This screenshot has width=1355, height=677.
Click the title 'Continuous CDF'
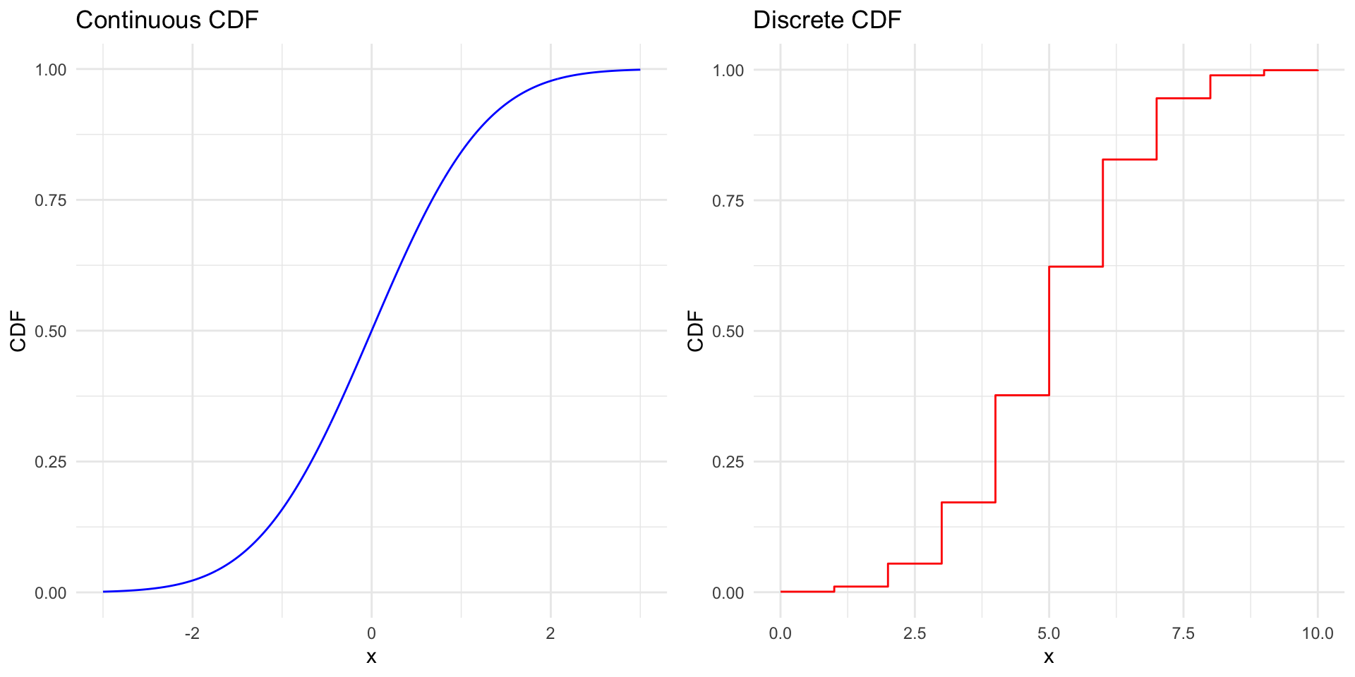point(167,20)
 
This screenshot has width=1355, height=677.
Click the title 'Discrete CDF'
point(826,20)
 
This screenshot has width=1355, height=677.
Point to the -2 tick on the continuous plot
point(192,633)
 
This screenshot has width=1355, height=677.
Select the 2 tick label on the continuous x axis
point(550,633)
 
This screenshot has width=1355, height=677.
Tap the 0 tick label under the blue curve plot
point(371,633)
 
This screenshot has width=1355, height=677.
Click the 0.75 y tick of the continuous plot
point(51,200)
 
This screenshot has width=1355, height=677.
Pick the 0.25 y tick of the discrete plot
point(728,462)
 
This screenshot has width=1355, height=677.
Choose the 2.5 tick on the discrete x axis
point(915,633)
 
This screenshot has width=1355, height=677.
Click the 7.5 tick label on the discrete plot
point(1184,633)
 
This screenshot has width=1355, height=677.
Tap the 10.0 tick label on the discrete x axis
point(1317,633)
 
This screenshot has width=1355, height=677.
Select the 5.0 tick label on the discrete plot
point(1049,633)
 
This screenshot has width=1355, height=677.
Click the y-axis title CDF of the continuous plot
point(18,331)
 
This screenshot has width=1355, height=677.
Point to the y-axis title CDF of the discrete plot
point(696,331)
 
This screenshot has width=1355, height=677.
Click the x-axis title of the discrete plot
point(1049,657)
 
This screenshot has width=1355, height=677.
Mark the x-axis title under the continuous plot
point(371,657)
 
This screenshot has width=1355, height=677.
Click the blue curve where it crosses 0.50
point(371,331)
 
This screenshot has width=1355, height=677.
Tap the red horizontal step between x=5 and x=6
point(1076,267)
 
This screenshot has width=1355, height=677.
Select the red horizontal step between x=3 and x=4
point(968,502)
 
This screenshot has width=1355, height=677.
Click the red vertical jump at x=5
point(1049,331)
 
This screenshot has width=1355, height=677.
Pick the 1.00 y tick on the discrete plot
point(728,70)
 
